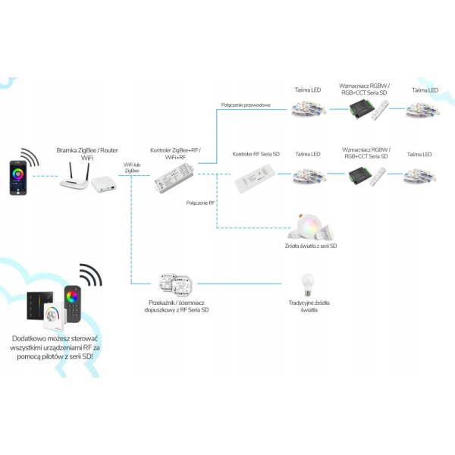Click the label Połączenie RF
201,203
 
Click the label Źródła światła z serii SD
312,246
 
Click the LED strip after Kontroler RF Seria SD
308,177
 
